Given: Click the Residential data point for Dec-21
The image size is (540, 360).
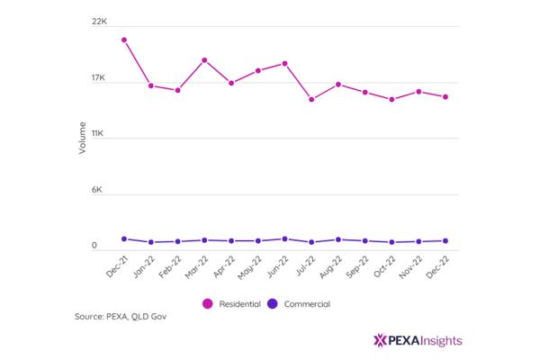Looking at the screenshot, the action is pyautogui.click(x=124, y=40).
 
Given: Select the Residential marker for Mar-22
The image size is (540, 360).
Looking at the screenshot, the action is pyautogui.click(x=204, y=60).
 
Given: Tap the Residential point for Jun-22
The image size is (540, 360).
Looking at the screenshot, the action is pyautogui.click(x=284, y=63).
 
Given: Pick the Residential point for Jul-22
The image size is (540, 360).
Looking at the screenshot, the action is pyautogui.click(x=311, y=100).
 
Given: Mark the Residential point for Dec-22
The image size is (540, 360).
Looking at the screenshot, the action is pyautogui.click(x=445, y=97).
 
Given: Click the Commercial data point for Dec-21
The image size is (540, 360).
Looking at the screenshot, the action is pyautogui.click(x=124, y=238).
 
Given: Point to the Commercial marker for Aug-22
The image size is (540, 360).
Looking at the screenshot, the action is pyautogui.click(x=338, y=239).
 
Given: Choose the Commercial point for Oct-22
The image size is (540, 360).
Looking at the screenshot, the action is pyautogui.click(x=391, y=242).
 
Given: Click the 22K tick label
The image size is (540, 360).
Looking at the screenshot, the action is pyautogui.click(x=99, y=22).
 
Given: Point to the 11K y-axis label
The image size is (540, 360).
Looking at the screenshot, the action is pyautogui.click(x=97, y=134).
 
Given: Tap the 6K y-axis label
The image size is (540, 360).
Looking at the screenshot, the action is pyautogui.click(x=97, y=190).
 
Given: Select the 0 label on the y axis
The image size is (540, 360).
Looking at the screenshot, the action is pyautogui.click(x=94, y=246).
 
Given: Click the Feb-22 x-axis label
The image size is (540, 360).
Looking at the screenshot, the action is pyautogui.click(x=170, y=266).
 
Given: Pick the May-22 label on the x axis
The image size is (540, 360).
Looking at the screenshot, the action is pyautogui.click(x=250, y=267).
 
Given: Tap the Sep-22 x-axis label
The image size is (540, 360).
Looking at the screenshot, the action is pyautogui.click(x=357, y=267).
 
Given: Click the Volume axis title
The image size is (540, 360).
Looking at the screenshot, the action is pyautogui.click(x=82, y=138).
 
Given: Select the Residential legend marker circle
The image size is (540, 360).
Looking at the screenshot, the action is pyautogui.click(x=208, y=304).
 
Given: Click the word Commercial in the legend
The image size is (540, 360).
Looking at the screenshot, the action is pyautogui.click(x=307, y=304).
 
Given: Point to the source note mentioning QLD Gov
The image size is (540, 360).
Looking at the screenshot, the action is pyautogui.click(x=121, y=317).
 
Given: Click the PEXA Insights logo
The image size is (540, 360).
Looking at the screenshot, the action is pyautogui.click(x=418, y=340).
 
